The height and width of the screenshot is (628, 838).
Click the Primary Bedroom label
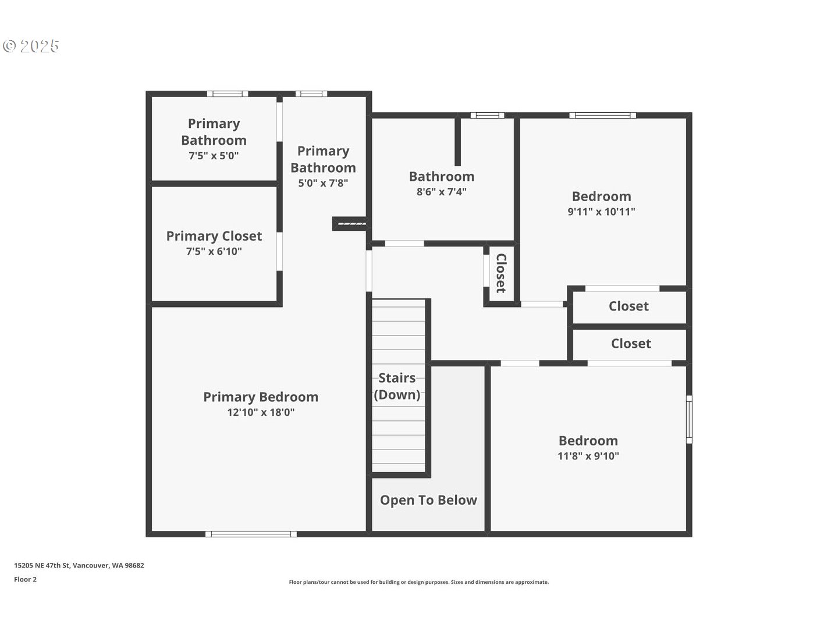(x=261, y=397)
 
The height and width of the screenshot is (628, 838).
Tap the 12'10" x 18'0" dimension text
(x=261, y=412)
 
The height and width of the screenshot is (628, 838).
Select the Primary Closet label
(x=214, y=236)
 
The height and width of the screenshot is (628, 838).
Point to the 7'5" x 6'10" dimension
(x=214, y=251)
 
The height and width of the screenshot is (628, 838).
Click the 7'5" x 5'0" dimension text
(x=214, y=156)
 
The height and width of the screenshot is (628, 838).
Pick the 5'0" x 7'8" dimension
(x=323, y=183)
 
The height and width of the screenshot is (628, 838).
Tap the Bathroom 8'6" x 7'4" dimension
(x=442, y=192)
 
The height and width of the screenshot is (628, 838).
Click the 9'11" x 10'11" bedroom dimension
(x=601, y=212)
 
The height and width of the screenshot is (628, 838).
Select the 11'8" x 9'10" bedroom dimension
(x=588, y=456)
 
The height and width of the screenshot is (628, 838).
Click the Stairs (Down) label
(x=397, y=386)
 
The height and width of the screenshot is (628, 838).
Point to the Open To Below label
(x=428, y=500)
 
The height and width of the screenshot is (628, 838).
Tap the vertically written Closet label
(x=501, y=273)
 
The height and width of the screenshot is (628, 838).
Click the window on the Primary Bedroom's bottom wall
(x=251, y=534)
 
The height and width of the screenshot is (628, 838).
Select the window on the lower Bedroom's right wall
(x=689, y=419)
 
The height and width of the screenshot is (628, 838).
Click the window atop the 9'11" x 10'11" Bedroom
(x=602, y=115)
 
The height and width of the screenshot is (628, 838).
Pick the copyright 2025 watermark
(x=31, y=46)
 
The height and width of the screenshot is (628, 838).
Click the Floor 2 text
(x=25, y=580)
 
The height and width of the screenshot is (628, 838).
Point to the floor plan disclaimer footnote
(x=419, y=582)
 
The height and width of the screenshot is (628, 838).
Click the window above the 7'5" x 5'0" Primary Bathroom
(x=228, y=94)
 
